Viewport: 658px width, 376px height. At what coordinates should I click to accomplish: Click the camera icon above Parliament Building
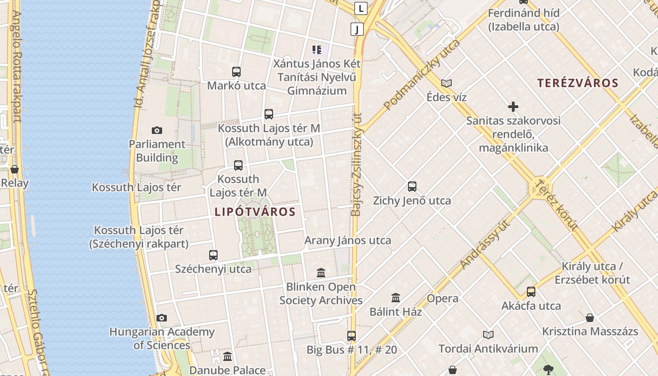[x=157, y=130]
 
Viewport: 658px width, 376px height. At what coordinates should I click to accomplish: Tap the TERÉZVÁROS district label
[x=578, y=83]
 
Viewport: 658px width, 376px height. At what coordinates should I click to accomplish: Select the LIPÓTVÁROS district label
[x=255, y=211]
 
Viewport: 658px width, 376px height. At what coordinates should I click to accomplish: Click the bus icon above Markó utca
[x=236, y=72]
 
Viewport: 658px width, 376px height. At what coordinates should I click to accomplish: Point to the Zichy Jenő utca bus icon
[x=412, y=187]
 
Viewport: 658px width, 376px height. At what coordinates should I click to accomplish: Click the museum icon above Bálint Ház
[x=396, y=298]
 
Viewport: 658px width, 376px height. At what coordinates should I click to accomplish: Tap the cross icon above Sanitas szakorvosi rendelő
[x=513, y=107]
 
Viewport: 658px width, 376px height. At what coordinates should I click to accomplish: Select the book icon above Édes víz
[x=446, y=83]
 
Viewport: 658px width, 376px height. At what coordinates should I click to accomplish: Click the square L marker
[x=361, y=8]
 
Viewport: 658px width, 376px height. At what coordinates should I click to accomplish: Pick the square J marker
[x=357, y=29]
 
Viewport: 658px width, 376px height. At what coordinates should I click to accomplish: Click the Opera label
[x=442, y=298]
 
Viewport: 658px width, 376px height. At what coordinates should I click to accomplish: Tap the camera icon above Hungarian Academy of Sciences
[x=162, y=318]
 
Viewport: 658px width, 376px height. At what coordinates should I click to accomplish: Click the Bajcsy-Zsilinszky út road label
[x=357, y=164]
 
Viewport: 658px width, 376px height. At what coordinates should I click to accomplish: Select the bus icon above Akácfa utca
[x=531, y=292]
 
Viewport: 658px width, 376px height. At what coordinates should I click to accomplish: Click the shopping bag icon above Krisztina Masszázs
[x=590, y=318]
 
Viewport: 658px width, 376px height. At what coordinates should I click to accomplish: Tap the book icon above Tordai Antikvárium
[x=488, y=335]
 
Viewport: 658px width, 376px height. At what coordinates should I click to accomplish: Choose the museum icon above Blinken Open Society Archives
[x=321, y=273]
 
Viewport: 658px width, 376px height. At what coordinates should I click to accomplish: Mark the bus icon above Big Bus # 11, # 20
[x=352, y=336]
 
